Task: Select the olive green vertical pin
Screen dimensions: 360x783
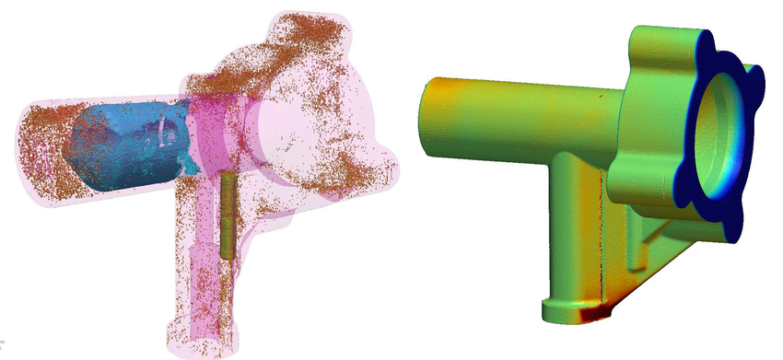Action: [228, 214]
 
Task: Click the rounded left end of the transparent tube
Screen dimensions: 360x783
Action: [37, 138]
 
